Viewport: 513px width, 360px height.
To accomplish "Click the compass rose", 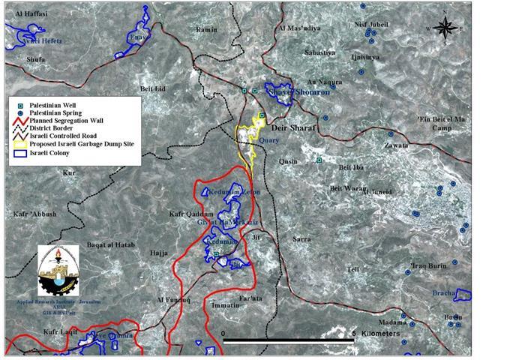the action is coord(446,28).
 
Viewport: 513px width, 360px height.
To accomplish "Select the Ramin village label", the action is coord(205,29).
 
